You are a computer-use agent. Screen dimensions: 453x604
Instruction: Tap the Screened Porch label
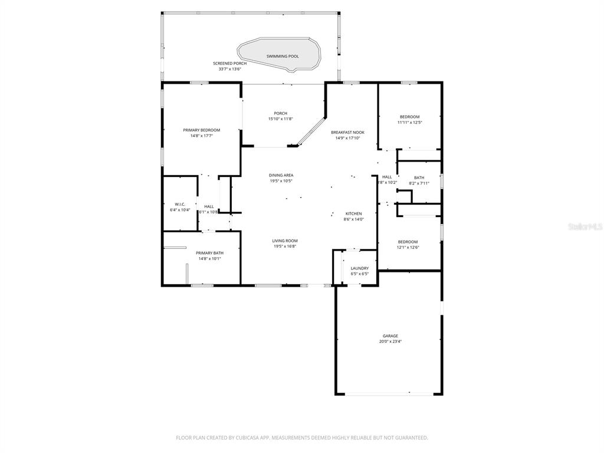(230, 63)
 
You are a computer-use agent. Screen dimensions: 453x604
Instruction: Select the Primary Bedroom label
(201, 130)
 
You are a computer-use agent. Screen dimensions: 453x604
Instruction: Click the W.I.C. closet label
(180, 204)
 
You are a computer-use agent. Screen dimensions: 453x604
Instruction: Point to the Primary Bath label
(209, 252)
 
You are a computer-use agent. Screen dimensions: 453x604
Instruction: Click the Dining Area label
(281, 175)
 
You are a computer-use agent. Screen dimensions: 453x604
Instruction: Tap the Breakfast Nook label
(347, 132)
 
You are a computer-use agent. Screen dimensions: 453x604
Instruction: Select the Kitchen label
(353, 214)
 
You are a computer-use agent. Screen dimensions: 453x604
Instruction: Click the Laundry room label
(360, 268)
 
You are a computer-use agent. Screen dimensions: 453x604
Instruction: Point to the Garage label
(389, 336)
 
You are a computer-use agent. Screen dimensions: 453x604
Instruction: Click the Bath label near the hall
(419, 178)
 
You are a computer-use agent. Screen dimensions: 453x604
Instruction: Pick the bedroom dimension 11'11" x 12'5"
(410, 123)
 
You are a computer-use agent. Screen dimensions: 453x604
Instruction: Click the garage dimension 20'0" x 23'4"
(389, 342)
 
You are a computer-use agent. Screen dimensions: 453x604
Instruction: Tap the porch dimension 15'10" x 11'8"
(281, 119)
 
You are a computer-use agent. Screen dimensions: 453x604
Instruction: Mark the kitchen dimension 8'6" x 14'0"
(353, 219)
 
